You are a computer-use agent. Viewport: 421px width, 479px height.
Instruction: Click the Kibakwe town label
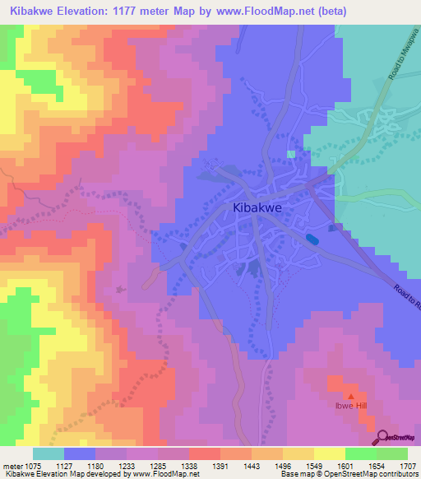coord(257,208)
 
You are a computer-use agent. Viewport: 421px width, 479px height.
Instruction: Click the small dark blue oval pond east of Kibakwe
coord(312,239)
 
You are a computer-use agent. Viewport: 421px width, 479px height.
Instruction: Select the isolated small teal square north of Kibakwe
coord(291,154)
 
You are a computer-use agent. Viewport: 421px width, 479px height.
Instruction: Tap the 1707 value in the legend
coord(406,465)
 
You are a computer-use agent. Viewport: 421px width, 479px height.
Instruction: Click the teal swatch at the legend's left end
coord(49,453)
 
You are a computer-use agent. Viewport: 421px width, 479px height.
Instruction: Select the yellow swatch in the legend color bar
coord(329,453)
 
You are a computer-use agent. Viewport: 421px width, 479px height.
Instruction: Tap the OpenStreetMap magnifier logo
coord(383,438)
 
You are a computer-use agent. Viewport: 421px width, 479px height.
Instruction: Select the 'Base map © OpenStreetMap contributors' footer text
coord(348,475)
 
